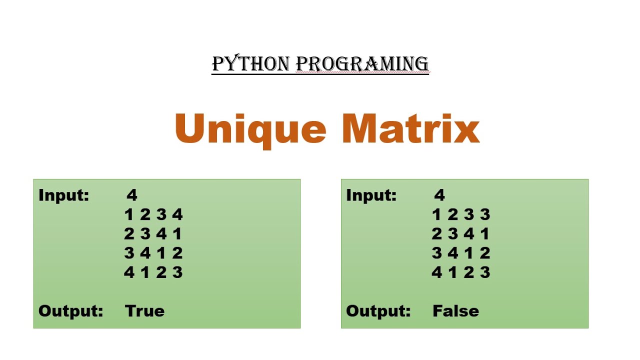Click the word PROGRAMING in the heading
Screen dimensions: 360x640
pos(362,64)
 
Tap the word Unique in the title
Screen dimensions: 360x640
pos(250,129)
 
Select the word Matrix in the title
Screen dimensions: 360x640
pos(410,129)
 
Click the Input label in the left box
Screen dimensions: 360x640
pos(63,195)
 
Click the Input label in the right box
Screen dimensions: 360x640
pos(371,195)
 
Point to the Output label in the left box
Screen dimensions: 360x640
pos(70,311)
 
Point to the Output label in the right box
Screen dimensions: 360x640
pos(378,311)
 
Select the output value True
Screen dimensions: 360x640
pos(144,311)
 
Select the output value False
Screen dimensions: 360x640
pos(455,311)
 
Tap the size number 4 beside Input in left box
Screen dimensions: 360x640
pos(131,195)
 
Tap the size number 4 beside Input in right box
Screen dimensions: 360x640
pos(439,195)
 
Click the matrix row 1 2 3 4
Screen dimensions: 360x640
pos(153,214)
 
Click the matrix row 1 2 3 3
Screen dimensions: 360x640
pos(461,214)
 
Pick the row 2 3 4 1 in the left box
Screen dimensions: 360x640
pos(153,233)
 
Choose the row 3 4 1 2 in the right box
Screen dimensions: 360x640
pos(461,253)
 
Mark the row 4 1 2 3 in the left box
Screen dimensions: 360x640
pos(153,272)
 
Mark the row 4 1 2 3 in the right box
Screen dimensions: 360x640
pos(461,272)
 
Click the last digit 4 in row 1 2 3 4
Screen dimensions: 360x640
pos(177,214)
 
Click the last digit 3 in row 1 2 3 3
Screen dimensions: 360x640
pos(484,214)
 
